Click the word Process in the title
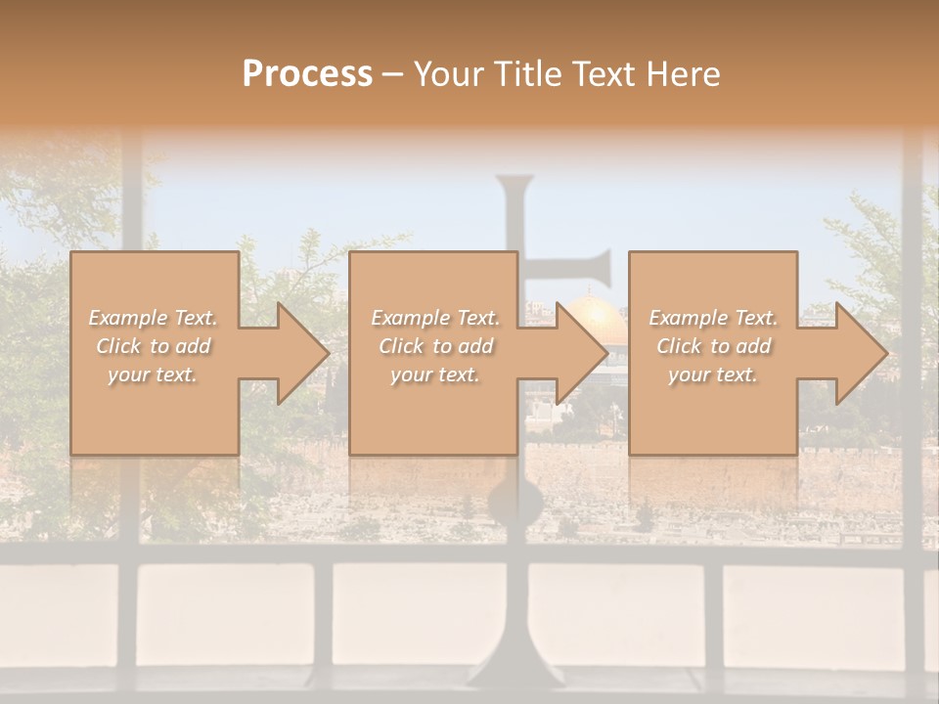307,74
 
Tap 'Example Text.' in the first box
154,318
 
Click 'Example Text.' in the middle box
435,318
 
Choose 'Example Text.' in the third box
713,318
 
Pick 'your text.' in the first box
154,374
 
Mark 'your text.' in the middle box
435,374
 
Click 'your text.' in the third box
713,374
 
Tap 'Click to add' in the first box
154,346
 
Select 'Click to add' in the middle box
435,346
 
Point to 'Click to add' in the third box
713,346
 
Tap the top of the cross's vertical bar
515,183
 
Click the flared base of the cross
515,670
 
